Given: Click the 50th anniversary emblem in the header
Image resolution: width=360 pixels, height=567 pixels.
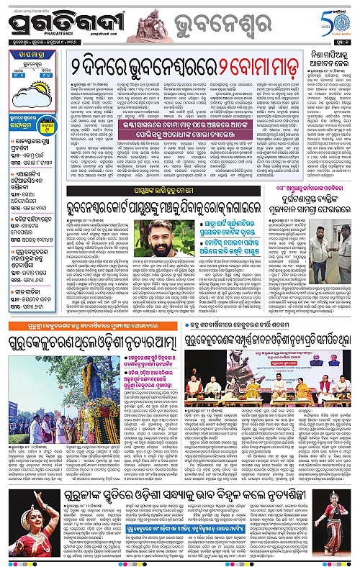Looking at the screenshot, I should point(338,22).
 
